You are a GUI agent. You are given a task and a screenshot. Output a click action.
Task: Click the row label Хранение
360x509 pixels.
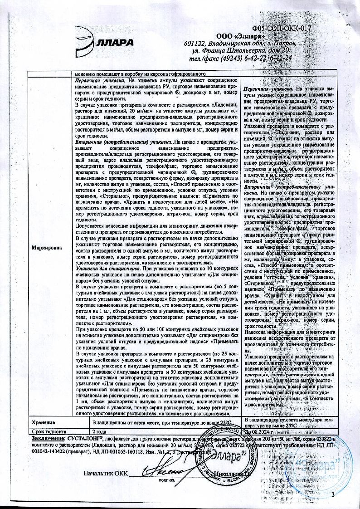coord(44,422)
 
